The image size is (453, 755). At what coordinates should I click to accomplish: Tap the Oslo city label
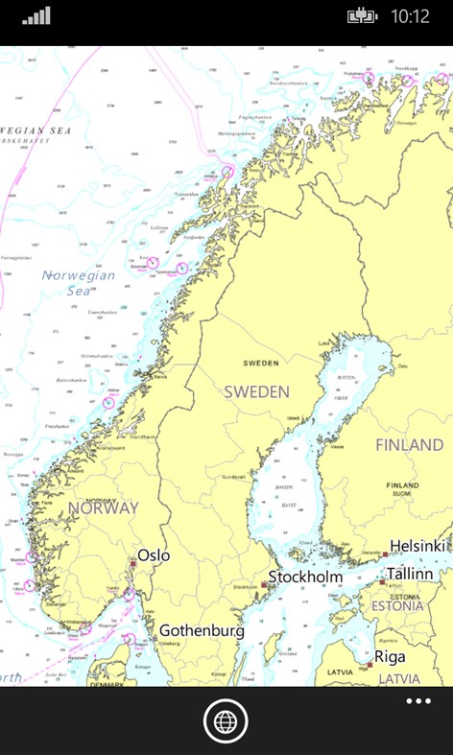point(154,554)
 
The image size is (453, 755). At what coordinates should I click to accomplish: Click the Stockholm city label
point(305,577)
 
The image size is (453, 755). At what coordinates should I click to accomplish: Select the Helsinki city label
point(417,545)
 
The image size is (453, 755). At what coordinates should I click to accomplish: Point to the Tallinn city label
point(411,574)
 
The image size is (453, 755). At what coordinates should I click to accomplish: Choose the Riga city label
point(390,657)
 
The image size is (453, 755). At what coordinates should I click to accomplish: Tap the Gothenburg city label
point(202,630)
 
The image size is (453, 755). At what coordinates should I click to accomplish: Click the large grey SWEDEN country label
point(256,391)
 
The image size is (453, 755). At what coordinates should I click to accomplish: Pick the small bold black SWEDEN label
point(261,364)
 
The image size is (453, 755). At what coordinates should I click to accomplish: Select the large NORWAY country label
point(103,507)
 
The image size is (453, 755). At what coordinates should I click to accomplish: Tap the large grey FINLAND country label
point(410,445)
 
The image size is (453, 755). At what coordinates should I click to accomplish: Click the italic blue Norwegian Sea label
point(79,283)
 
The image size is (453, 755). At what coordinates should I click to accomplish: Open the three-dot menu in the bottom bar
point(418,701)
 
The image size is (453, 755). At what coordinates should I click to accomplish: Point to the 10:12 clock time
point(411,17)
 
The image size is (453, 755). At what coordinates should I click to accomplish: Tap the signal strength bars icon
point(36,16)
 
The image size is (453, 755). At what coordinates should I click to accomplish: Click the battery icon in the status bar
point(362,16)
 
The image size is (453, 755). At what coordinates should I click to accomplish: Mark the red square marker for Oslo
point(133,564)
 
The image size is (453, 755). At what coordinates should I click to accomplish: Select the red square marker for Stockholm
point(265,584)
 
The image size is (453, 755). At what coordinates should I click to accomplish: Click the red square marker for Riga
point(370,664)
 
